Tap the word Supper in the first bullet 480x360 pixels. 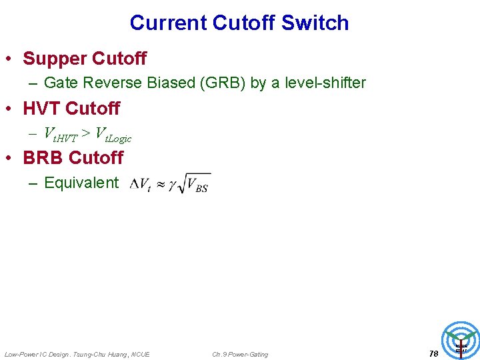[55, 59]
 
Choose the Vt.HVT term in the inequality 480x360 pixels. [60, 134]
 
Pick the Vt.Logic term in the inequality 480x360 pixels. [113, 134]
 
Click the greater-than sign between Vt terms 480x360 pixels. [86, 133]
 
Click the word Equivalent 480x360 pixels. [81, 183]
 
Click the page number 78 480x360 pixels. [434, 354]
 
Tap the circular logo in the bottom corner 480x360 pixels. [461, 340]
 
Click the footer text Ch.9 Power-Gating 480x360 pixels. [240, 354]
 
